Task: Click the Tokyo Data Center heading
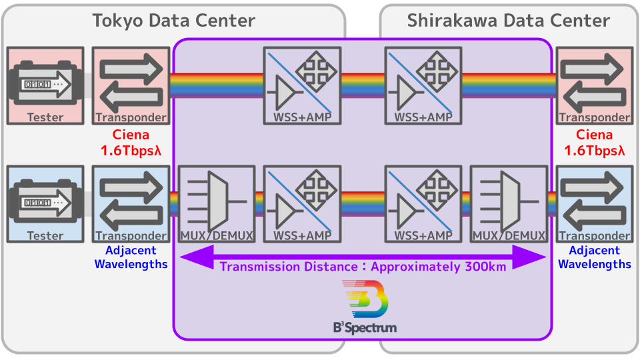tap(173, 21)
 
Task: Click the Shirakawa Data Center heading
tap(508, 21)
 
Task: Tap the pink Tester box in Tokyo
tap(45, 85)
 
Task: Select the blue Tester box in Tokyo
tap(45, 204)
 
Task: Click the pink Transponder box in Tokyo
tap(131, 85)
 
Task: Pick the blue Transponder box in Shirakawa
tap(595, 204)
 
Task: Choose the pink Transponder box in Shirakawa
tap(595, 85)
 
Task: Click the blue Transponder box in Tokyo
tap(131, 204)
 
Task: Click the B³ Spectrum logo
tap(364, 307)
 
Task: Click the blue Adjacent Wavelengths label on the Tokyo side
tap(131, 257)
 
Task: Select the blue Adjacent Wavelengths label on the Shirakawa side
tap(595, 257)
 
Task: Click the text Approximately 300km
tap(438, 267)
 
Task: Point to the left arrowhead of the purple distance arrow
tap(190, 257)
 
